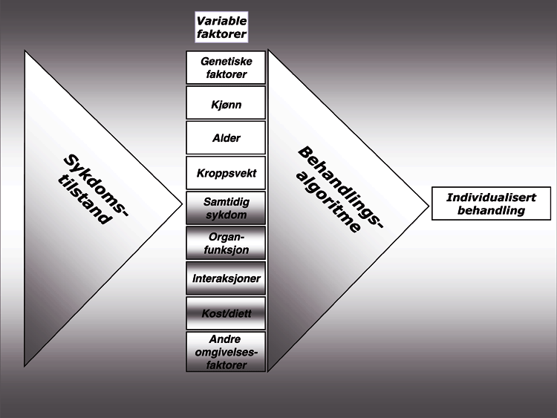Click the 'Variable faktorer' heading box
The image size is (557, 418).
coord(222,27)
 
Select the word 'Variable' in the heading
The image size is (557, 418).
coord(222,21)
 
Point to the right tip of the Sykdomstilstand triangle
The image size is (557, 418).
coord(182,200)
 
